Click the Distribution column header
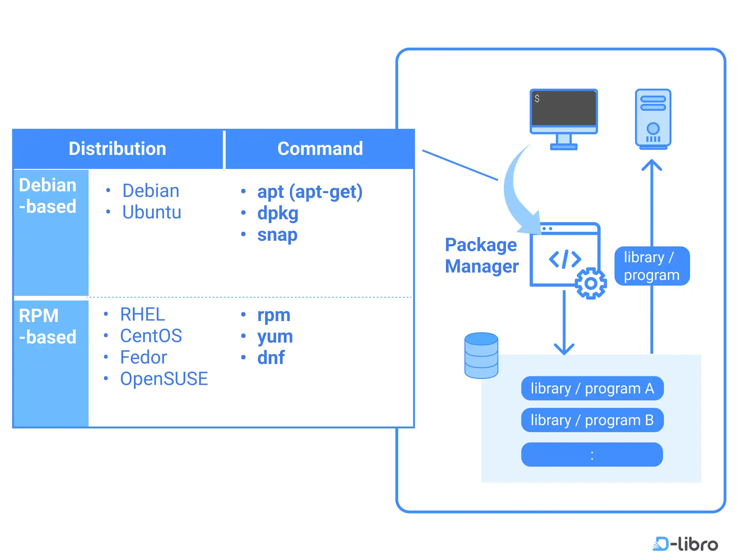117,148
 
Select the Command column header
320,148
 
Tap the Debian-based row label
48,195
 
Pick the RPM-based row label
48,326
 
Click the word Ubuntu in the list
152,212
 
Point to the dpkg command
278,214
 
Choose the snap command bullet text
277,235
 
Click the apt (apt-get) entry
310,192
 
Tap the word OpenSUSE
164,378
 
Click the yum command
275,337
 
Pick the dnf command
271,357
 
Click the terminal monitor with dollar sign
564,119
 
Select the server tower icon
653,119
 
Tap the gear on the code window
591,283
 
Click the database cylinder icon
481,355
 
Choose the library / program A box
592,388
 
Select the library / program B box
592,420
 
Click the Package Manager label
481,255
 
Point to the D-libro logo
685,544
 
